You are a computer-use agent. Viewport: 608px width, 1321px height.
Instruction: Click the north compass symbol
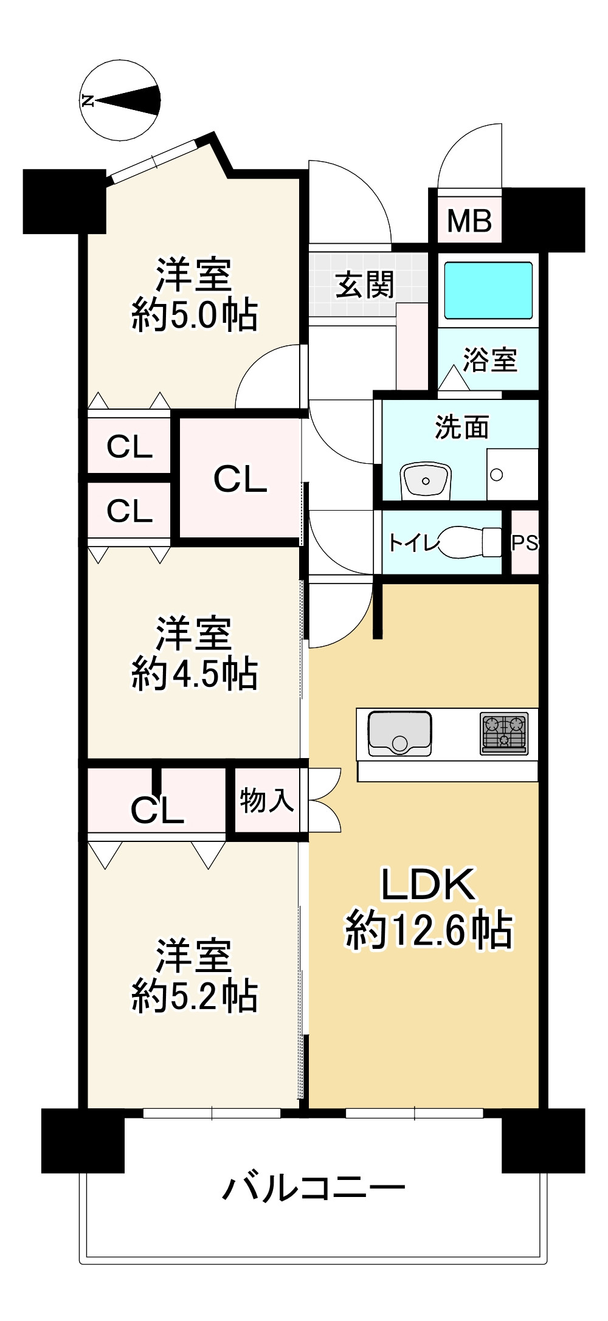(120, 100)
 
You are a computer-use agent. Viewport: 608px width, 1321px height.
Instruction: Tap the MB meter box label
(469, 221)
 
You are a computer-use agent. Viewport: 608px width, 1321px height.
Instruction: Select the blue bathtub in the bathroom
(488, 291)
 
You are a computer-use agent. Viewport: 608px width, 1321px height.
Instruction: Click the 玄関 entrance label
(365, 285)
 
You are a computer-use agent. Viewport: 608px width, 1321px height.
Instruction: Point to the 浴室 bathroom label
(490, 359)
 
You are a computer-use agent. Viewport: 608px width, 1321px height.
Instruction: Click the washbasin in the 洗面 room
(426, 480)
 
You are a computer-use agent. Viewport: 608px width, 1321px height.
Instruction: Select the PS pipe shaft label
(525, 543)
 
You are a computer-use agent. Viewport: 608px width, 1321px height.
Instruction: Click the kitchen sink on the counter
(399, 734)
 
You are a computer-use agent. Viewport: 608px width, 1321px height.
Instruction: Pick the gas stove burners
(504, 733)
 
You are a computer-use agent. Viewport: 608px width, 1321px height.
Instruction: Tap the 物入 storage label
(266, 800)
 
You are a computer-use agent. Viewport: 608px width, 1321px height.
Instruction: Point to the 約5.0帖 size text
(195, 315)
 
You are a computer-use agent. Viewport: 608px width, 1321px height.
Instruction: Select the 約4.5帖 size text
(195, 674)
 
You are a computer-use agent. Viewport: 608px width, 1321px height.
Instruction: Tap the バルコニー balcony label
(313, 1187)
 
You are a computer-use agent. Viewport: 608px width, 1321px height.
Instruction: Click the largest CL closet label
(240, 479)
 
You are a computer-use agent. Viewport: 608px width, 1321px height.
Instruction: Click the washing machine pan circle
(497, 475)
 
